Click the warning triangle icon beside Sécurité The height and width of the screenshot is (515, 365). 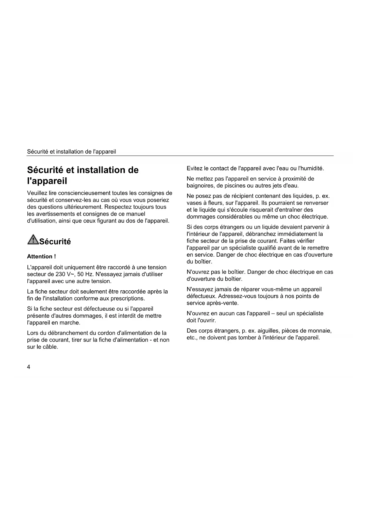[x=33, y=240]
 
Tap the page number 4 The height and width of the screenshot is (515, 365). [x=29, y=367]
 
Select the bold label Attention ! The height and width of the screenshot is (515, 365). [x=41, y=257]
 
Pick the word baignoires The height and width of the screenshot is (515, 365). [x=200, y=186]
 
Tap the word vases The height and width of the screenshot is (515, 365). [x=194, y=203]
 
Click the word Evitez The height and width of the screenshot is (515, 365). [x=194, y=169]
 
